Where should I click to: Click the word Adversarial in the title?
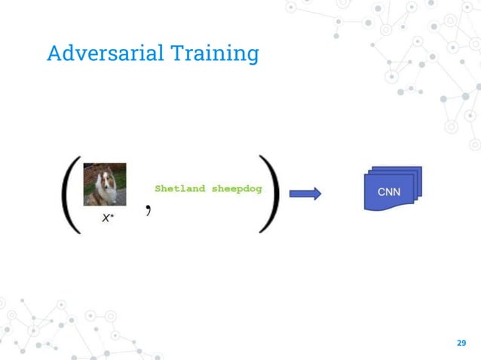(105, 53)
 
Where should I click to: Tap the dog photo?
(104, 185)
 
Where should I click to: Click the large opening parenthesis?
(69, 195)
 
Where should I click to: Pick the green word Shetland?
(180, 188)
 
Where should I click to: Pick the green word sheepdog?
(236, 188)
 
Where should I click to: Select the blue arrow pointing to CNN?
(305, 194)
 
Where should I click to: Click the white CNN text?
(389, 193)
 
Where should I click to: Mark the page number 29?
(461, 343)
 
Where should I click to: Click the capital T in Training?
(177, 53)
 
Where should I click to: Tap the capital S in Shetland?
(158, 188)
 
